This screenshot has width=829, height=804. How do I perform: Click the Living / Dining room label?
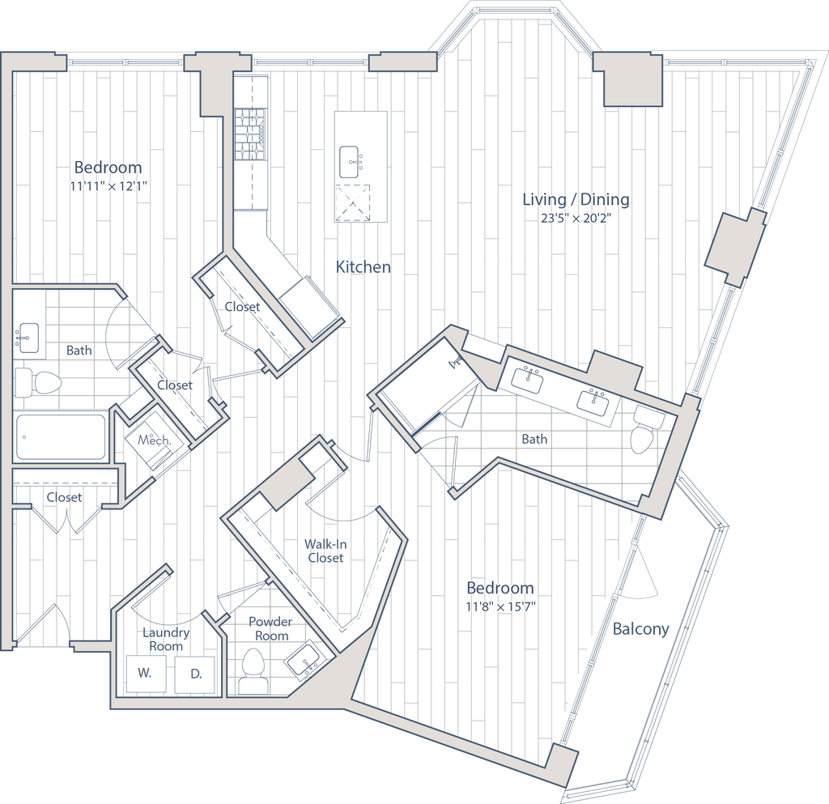576,200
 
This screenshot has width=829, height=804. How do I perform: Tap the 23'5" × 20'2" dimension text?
576,218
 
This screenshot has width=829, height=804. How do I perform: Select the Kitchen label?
363,266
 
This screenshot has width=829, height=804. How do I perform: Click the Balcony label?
642,630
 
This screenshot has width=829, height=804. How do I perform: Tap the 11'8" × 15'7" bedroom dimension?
500,605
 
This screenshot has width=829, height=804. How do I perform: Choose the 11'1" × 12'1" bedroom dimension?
108,185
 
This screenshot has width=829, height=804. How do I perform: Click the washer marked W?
144,673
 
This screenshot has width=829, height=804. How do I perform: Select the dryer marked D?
195,673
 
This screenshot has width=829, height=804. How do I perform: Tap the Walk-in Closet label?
325,551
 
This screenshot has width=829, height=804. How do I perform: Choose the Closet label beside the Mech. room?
175,385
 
